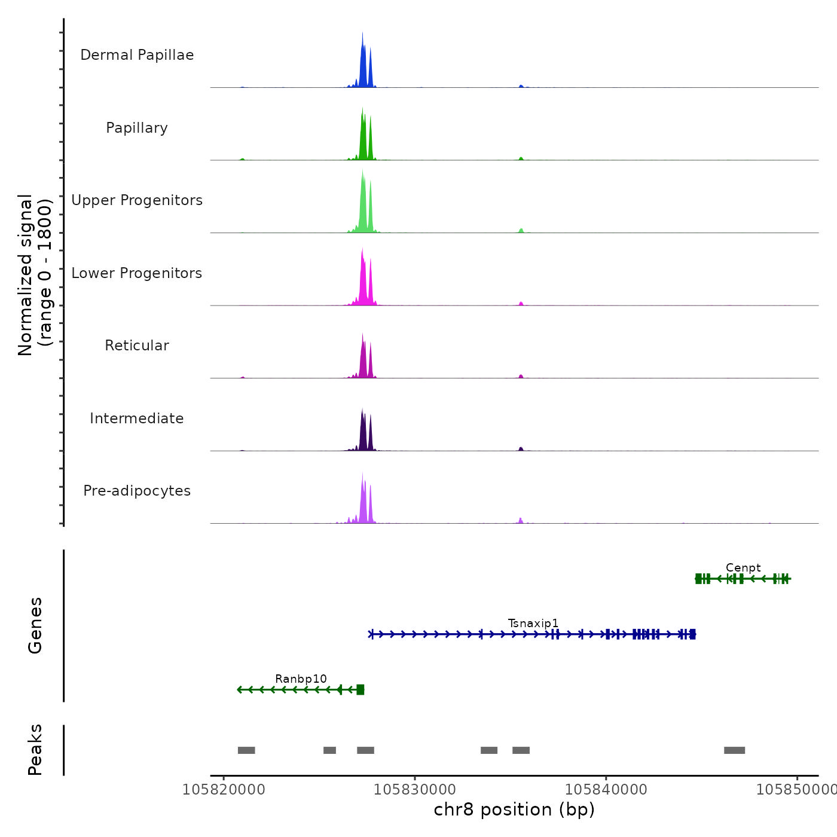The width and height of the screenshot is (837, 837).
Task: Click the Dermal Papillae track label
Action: [137, 55]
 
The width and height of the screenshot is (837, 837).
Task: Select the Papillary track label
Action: [137, 128]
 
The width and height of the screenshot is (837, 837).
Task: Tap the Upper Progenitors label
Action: [137, 200]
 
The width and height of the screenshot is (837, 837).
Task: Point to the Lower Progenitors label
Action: [137, 273]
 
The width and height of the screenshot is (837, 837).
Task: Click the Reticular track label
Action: [137, 346]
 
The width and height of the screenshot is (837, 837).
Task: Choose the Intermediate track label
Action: [137, 418]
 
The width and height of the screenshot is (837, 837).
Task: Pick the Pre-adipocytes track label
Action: [137, 491]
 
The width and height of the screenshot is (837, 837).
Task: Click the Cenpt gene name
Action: [743, 568]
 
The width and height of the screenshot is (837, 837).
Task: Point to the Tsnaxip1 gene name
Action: [533, 624]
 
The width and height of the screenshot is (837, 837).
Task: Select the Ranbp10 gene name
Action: [301, 679]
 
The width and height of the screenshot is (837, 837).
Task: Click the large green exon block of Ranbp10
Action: [360, 690]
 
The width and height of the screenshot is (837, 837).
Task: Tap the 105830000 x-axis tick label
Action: [415, 790]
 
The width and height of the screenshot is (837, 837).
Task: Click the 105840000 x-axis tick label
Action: [606, 790]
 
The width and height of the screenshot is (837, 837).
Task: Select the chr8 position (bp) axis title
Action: [514, 809]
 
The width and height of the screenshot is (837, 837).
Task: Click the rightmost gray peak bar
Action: [734, 750]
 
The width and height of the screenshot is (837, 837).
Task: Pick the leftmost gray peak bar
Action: [246, 750]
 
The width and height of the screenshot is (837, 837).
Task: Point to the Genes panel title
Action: [35, 625]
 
